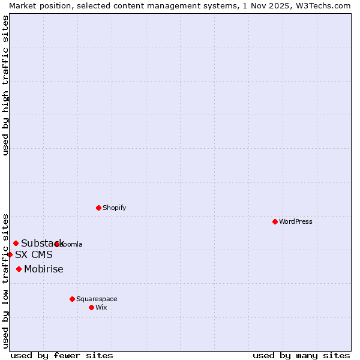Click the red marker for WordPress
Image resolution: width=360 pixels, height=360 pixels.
tap(275, 221)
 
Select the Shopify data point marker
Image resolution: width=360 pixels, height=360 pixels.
tap(98, 208)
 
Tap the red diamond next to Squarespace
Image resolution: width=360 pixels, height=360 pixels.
tap(72, 299)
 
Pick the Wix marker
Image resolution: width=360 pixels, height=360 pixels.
tap(91, 307)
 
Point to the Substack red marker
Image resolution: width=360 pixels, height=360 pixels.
tap(16, 243)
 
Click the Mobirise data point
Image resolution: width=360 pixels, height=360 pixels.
tap(19, 269)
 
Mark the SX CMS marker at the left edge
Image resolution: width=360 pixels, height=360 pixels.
tap(10, 254)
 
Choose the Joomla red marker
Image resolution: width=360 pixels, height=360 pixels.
tap(57, 244)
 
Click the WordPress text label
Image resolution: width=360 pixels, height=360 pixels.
tap(296, 221)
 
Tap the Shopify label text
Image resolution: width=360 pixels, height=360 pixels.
tap(114, 208)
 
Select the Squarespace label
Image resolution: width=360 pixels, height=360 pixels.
tap(97, 299)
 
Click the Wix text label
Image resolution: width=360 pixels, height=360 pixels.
tap(101, 307)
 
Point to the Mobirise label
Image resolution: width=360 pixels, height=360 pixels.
tap(44, 269)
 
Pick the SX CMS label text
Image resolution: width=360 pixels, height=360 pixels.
tap(34, 254)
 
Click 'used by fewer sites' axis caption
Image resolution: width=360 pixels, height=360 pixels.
tap(62, 355)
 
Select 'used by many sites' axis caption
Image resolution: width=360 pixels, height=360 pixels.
tap(301, 355)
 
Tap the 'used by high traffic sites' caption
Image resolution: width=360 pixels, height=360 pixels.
tap(5, 85)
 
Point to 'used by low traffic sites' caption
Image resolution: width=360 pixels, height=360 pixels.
tap(5, 280)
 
